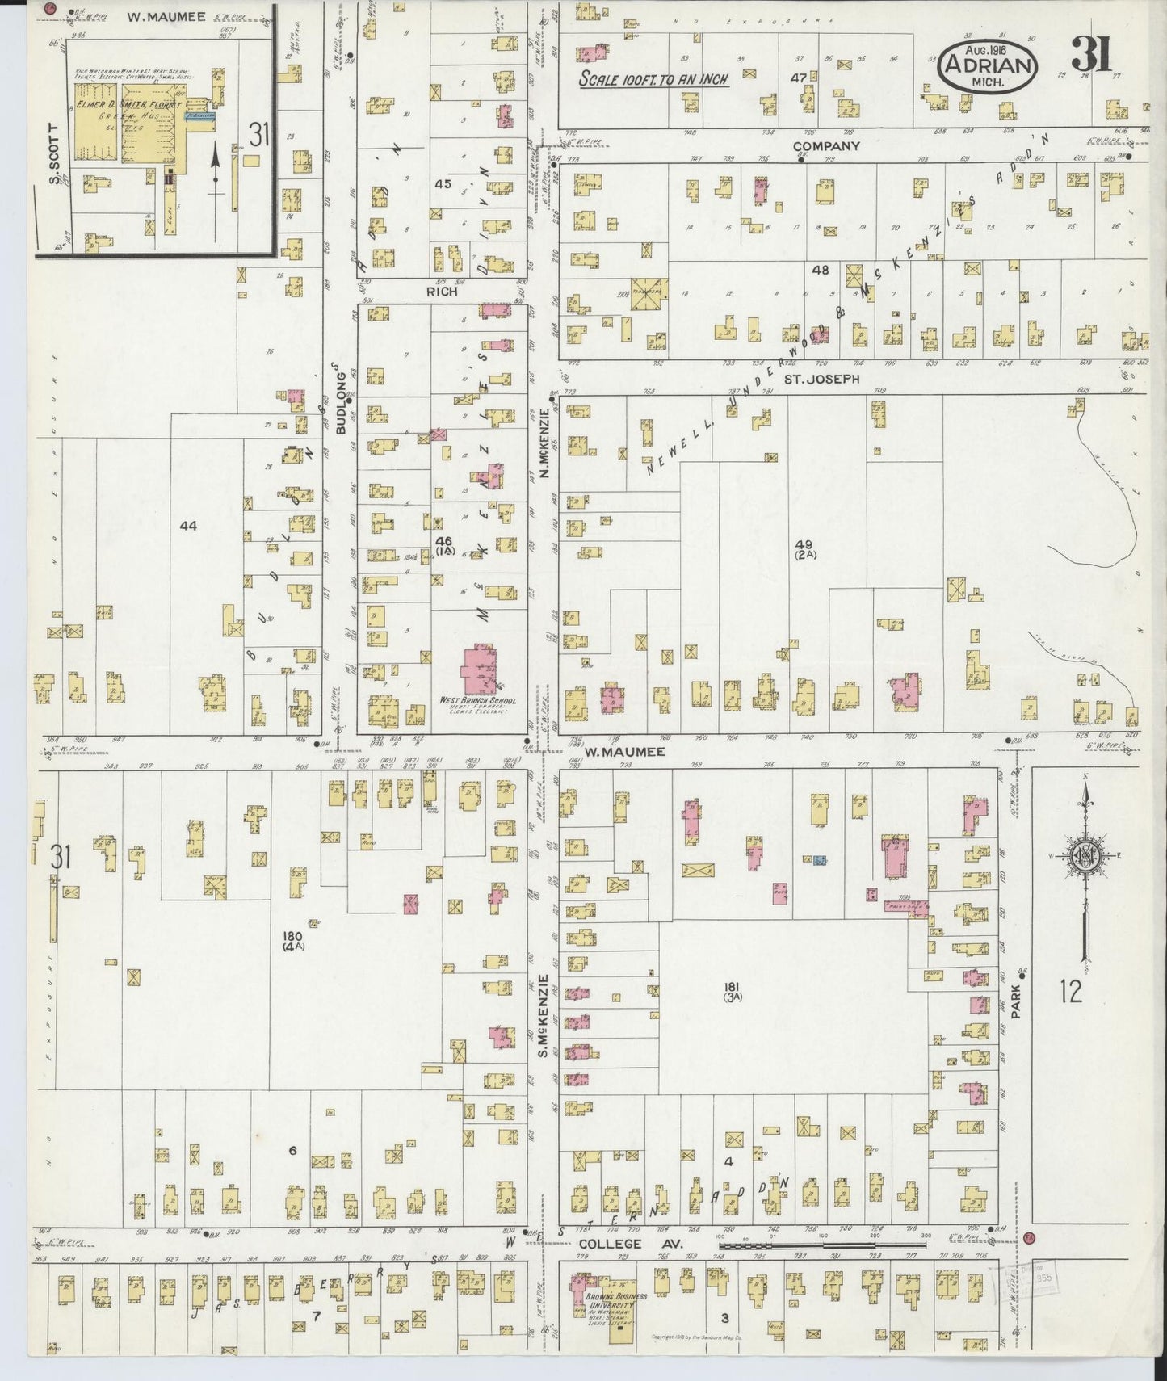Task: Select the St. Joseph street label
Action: point(826,378)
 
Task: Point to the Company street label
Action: point(826,146)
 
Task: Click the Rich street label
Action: point(443,292)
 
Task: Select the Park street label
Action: point(1016,999)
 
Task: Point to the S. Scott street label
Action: point(54,153)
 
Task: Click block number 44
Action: point(188,526)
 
